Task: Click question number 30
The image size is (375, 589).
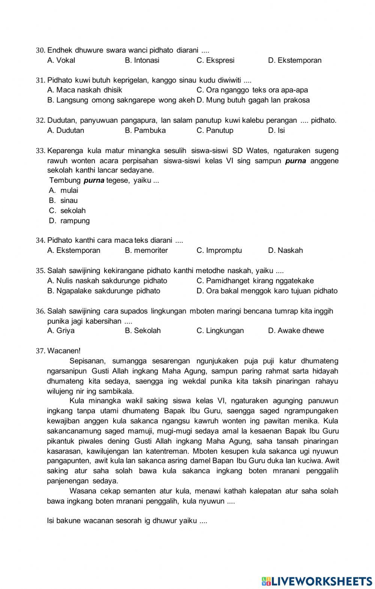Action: [x=40, y=50]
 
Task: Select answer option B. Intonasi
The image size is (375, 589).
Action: [x=142, y=60]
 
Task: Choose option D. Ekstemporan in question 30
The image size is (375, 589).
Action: [x=294, y=60]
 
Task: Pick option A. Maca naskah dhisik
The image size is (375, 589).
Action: [x=85, y=90]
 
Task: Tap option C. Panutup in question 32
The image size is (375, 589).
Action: [x=214, y=131]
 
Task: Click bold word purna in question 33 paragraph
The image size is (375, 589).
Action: [x=295, y=161]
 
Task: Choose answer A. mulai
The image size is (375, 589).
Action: [x=64, y=190]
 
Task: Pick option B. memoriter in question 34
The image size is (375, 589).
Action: [x=146, y=251]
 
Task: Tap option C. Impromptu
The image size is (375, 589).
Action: [x=219, y=251]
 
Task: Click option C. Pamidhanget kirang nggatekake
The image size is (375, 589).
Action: [x=255, y=281]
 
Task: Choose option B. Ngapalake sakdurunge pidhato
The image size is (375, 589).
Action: [x=103, y=291]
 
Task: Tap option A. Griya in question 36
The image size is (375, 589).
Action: [x=61, y=331]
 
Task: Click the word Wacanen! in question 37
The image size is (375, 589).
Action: [x=64, y=351]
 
